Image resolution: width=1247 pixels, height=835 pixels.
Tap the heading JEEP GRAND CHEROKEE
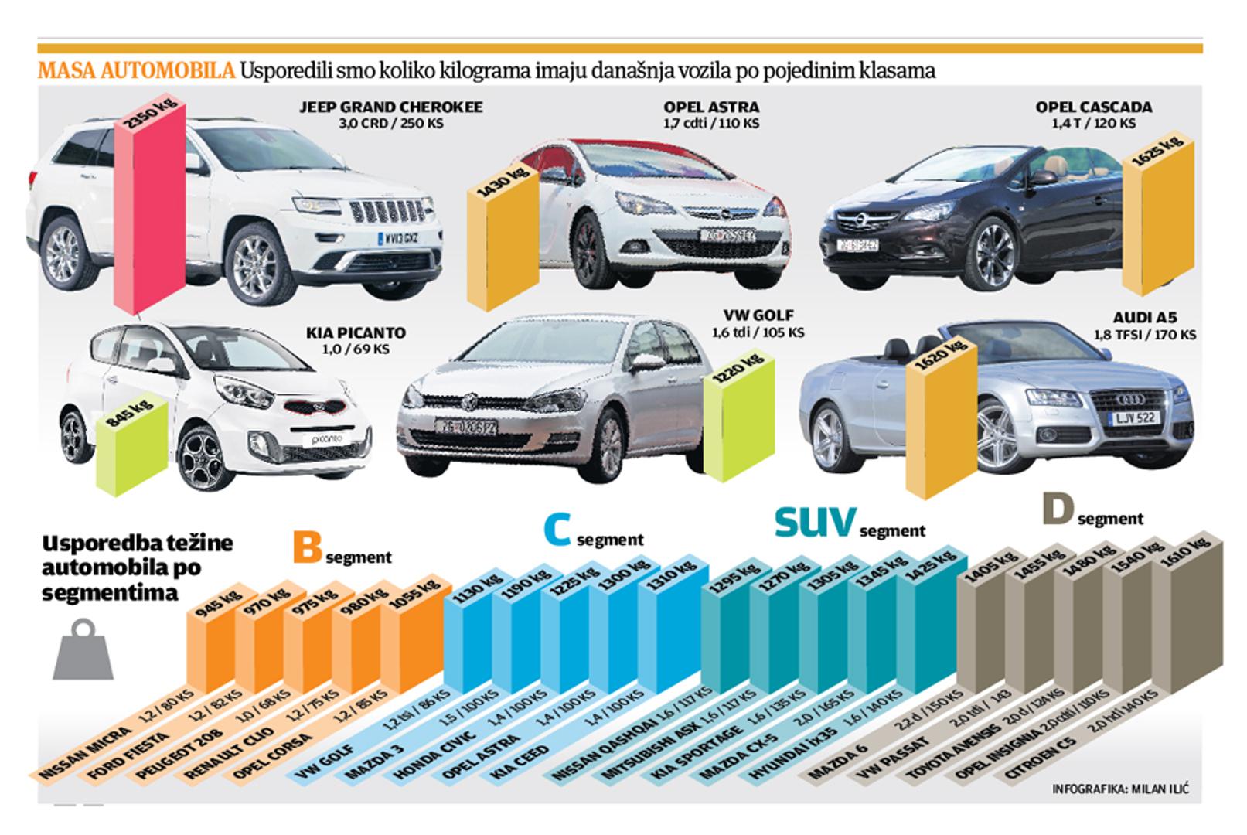pyautogui.click(x=390, y=107)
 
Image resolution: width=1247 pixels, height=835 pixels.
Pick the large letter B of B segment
pyautogui.click(x=307, y=547)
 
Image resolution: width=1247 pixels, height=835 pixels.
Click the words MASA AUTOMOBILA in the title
pyautogui.click(x=136, y=71)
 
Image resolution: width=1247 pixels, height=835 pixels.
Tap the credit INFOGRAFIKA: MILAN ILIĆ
pyautogui.click(x=1120, y=789)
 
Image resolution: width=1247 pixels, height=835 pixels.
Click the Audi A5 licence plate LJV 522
pyautogui.click(x=1134, y=417)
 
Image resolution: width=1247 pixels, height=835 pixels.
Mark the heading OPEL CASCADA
pyautogui.click(x=1093, y=107)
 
